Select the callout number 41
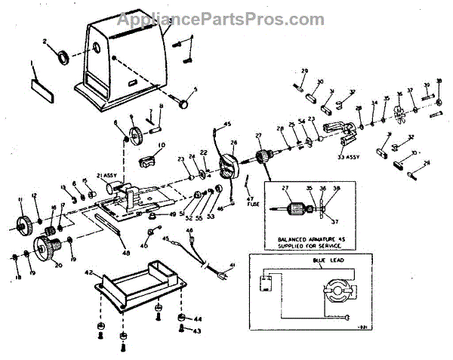[x=233, y=265]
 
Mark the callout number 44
[x=198, y=319]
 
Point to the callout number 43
[x=198, y=331]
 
